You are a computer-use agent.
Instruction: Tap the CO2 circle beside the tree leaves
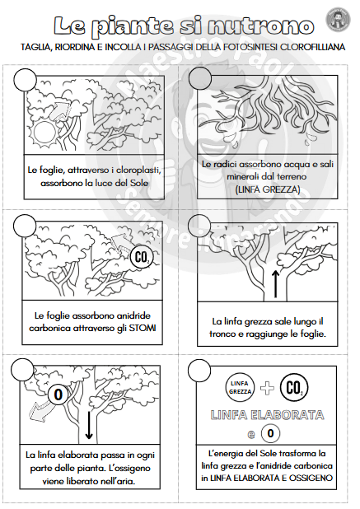point(142,258)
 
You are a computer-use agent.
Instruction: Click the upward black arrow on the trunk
point(275,284)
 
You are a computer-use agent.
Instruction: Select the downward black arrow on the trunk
point(88,426)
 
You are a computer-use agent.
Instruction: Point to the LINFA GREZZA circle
point(240,388)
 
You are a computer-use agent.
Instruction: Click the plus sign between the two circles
point(267,388)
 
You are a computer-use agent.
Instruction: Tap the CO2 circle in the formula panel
point(293,388)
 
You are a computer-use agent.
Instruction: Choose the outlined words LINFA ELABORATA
point(267,415)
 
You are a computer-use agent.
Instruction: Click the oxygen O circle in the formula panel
point(270,433)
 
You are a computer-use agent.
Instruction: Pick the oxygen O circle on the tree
point(58,395)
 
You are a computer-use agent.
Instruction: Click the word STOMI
point(143,328)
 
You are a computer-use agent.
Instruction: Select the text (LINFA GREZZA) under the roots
point(268,189)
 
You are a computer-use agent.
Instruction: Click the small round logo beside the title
point(338,20)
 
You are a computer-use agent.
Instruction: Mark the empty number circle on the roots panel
point(199,78)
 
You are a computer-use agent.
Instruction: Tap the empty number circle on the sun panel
point(25,80)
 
